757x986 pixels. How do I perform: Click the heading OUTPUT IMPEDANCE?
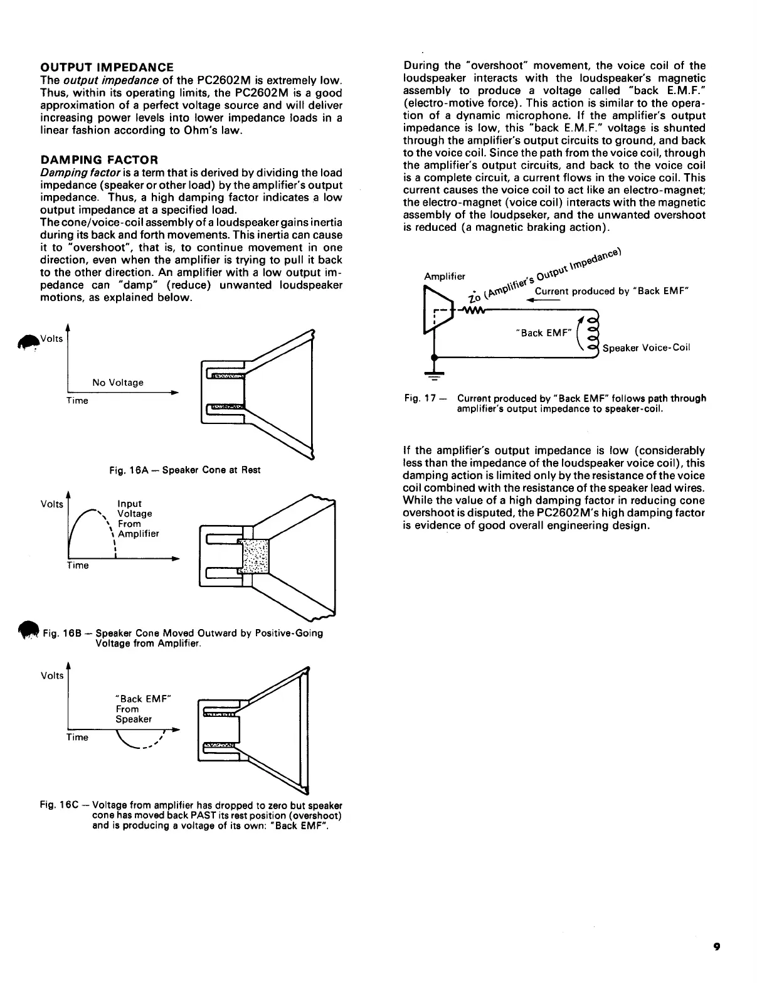point(107,67)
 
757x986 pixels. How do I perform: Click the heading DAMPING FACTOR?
point(99,159)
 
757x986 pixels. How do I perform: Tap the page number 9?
point(716,948)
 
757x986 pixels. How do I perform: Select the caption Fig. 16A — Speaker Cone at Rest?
point(184,470)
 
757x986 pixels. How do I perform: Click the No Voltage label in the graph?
point(118,383)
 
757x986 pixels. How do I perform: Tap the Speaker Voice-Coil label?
point(646,347)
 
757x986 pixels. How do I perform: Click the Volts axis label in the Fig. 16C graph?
point(52,676)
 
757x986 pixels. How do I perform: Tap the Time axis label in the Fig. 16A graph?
point(77,401)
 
